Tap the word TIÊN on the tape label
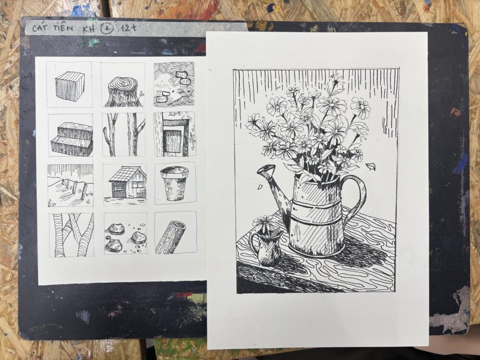pyautogui.click(x=63, y=28)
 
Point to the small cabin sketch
pyautogui.click(x=128, y=182)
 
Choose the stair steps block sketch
pyautogui.click(x=72, y=138)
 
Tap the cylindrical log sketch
pyautogui.click(x=170, y=237)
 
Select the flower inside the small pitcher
pyautogui.click(x=264, y=223)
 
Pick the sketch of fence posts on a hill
pyautogui.click(x=71, y=185)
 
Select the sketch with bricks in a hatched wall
pyautogui.click(x=174, y=84)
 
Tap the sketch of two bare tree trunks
pyautogui.click(x=124, y=135)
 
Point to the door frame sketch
pyautogui.click(x=174, y=135)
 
